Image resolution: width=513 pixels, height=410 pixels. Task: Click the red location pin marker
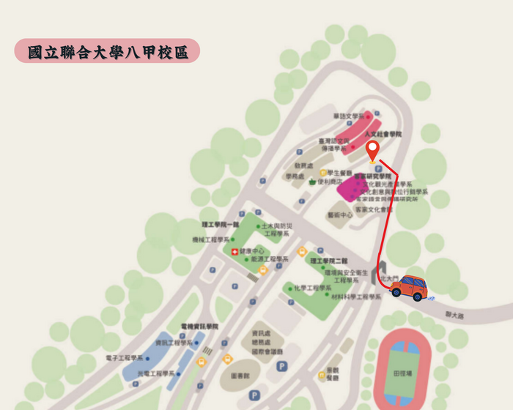372,150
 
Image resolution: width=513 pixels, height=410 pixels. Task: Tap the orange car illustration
410,288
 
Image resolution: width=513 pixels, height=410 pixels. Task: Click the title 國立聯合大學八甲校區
107,52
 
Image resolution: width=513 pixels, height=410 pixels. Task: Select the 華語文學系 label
348,116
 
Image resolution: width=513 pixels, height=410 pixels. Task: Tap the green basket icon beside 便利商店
314,182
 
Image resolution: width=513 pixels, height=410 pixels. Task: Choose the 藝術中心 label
340,215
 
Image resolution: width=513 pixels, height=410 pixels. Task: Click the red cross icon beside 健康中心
235,252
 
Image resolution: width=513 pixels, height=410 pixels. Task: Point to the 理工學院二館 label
328,261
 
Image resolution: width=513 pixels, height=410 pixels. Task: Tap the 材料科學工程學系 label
356,297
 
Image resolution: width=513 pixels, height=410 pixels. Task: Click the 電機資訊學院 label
194,326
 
